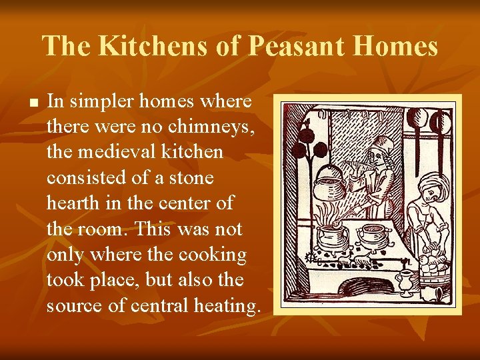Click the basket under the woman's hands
[436, 273]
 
